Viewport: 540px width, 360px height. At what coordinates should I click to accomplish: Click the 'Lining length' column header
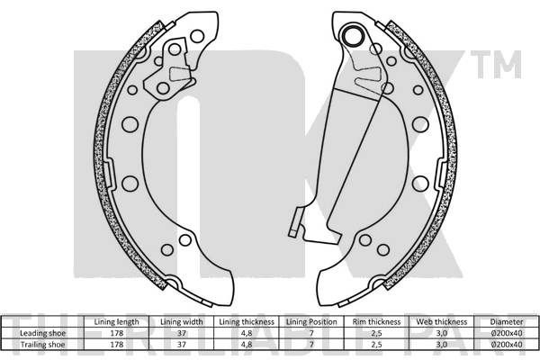[116, 322]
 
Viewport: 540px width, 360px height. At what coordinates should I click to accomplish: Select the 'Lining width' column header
[182, 322]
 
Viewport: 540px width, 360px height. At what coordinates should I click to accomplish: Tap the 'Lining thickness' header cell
[247, 322]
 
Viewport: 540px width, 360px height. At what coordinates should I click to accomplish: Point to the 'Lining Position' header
[311, 322]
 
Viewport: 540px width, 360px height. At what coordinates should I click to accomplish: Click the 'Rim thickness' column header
[376, 322]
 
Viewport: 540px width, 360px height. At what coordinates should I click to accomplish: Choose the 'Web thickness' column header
[442, 322]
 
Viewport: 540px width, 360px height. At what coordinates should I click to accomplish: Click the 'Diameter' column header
[507, 322]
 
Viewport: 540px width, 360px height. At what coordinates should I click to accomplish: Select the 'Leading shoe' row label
[42, 333]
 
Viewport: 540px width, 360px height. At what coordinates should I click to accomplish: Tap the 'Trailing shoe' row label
[42, 344]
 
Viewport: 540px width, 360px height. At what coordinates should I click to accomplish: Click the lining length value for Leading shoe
[117, 333]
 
